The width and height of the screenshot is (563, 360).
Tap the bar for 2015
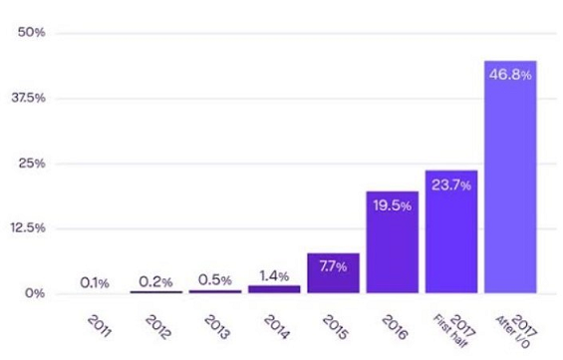[333, 275]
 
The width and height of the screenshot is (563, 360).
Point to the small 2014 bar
[274, 289]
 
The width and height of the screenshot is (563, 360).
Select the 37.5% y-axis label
[27, 98]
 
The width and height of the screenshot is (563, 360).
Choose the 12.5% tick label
[27, 228]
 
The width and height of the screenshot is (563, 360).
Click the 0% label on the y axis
[35, 293]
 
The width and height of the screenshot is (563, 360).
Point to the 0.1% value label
[96, 283]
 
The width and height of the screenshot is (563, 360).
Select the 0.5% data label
[215, 279]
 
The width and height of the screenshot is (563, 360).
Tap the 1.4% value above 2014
[274, 274]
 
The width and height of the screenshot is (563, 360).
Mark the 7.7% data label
[333, 267]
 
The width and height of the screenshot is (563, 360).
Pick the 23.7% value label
[450, 184]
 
